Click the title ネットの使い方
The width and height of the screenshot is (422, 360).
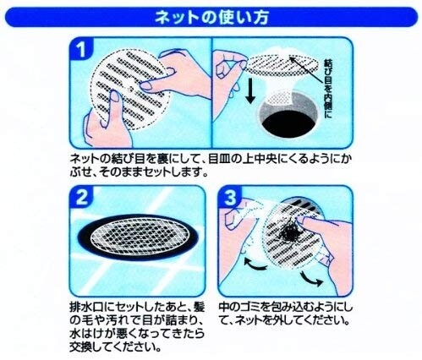point(211,18)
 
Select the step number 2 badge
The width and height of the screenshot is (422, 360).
point(82,197)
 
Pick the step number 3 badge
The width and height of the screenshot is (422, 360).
point(230,197)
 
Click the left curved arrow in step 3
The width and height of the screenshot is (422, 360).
point(255,265)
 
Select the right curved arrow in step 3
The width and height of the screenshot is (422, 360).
point(311,279)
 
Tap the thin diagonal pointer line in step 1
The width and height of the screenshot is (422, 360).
point(306,69)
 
